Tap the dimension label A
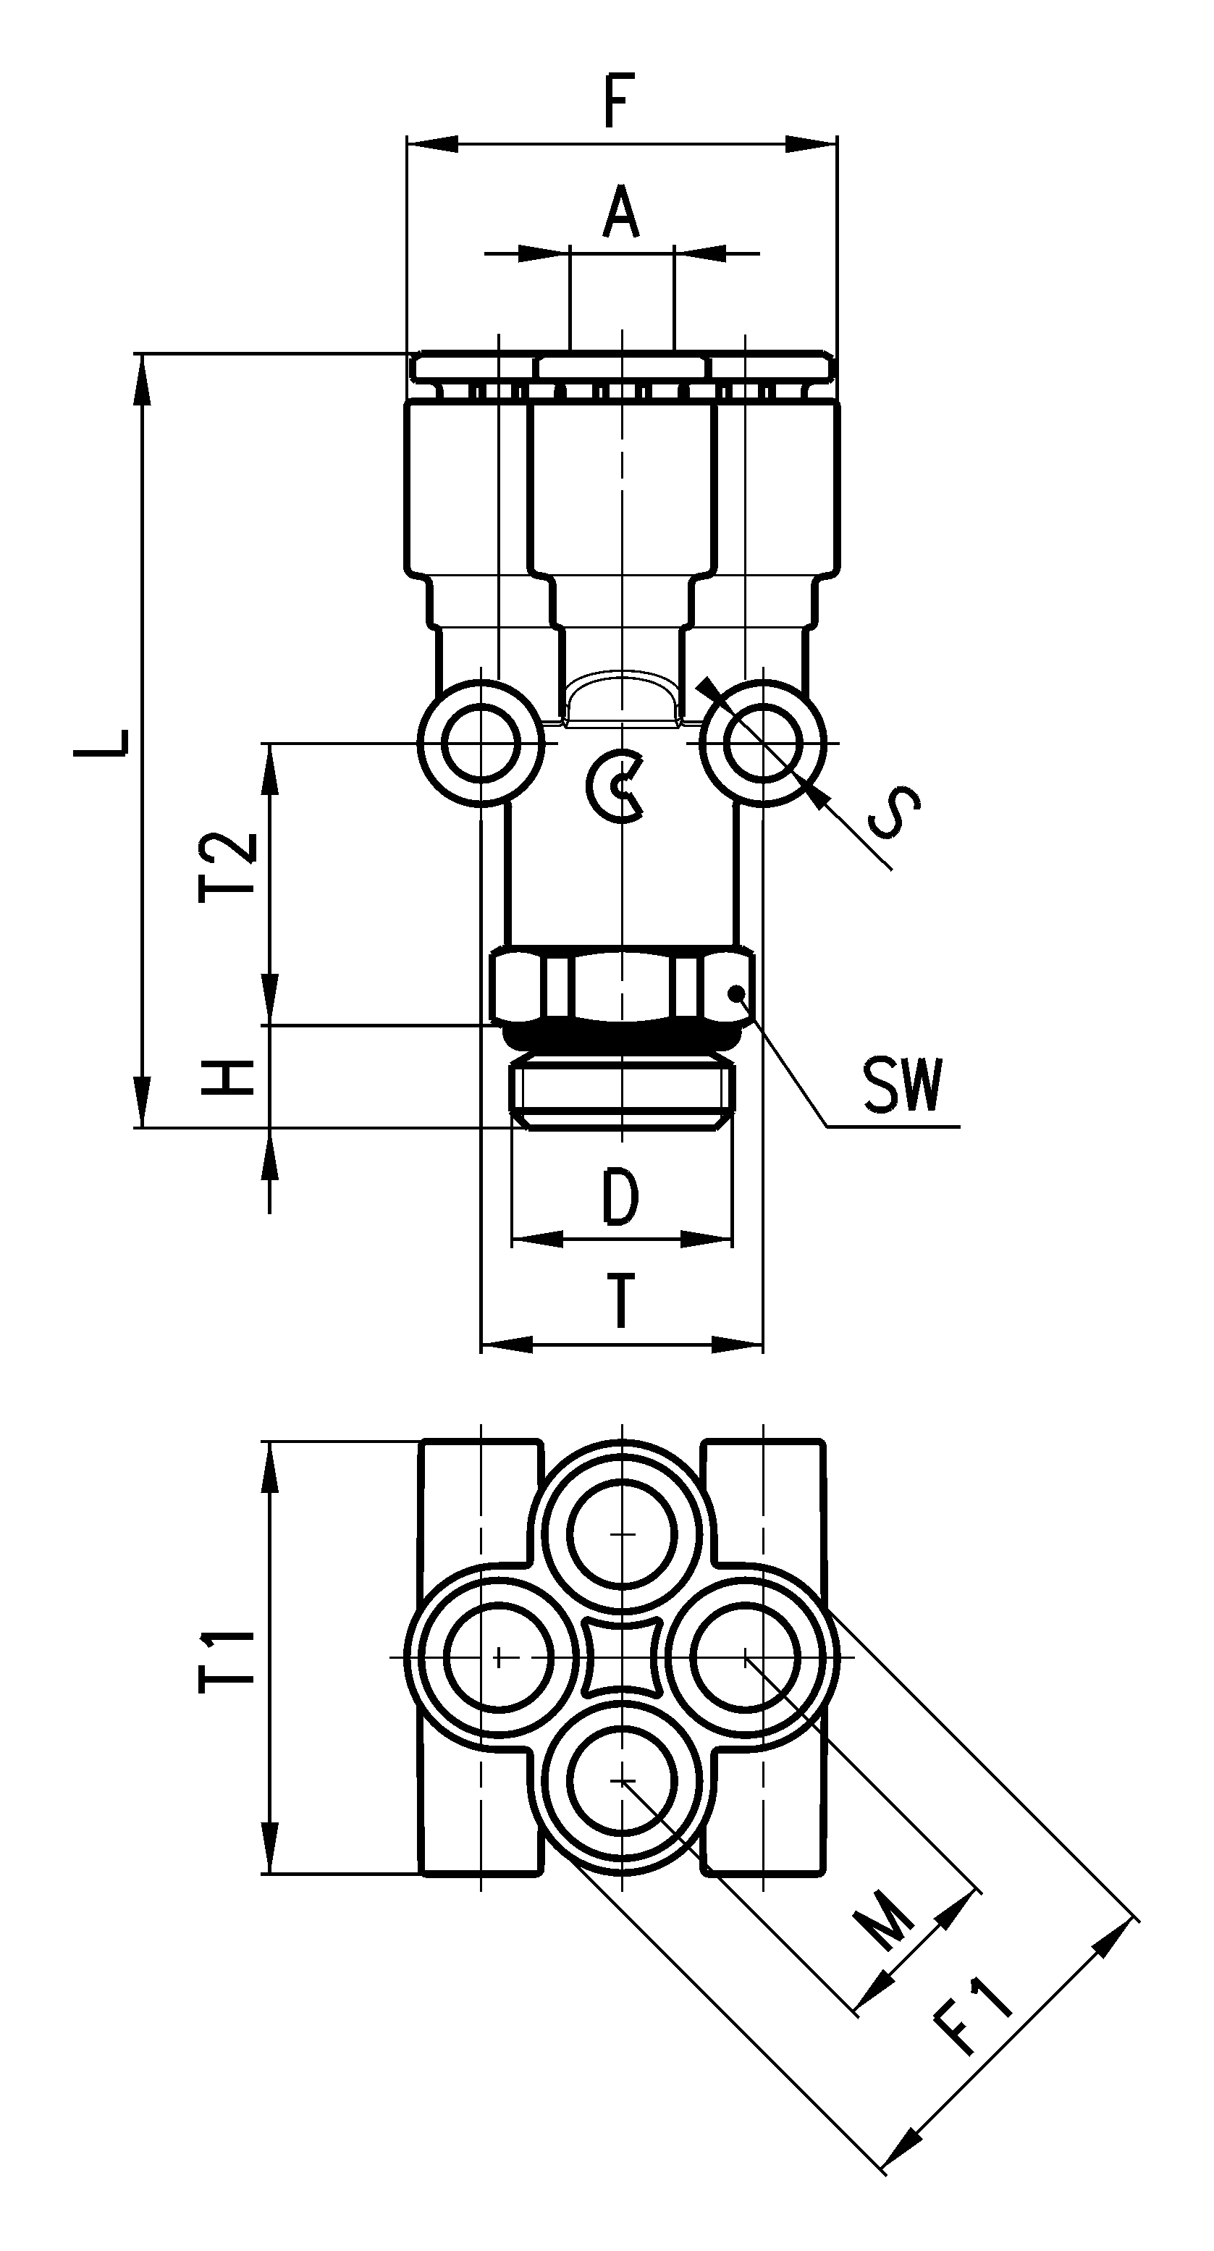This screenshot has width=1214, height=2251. point(620,211)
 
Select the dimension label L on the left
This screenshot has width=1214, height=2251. point(113,742)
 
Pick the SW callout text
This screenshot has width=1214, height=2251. point(903,1085)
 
